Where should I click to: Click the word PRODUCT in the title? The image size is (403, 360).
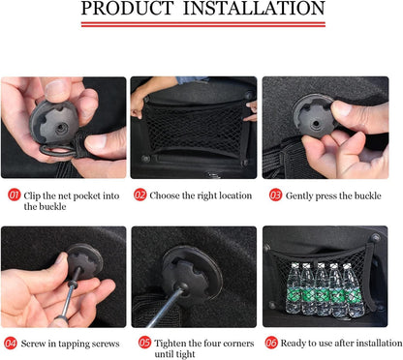pyautogui.click(x=127, y=9)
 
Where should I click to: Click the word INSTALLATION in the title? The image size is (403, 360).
pyautogui.click(x=254, y=9)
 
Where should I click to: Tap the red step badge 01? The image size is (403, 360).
pyautogui.click(x=15, y=195)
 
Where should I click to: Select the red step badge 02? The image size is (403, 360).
pyautogui.click(x=140, y=195)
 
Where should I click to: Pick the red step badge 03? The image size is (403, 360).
pyautogui.click(x=276, y=195)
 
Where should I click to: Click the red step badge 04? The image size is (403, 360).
pyautogui.click(x=11, y=343)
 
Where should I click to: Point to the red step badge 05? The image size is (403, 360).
pyautogui.click(x=144, y=343)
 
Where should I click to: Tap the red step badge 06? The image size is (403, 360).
pyautogui.click(x=271, y=343)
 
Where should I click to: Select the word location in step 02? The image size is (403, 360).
pyautogui.click(x=235, y=195)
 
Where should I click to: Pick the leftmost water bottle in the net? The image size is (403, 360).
pyautogui.click(x=294, y=288)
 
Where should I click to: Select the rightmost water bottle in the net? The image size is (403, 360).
pyautogui.click(x=353, y=289)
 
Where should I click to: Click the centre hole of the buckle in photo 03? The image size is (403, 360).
pyautogui.click(x=315, y=123)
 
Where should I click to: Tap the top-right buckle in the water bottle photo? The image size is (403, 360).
pyautogui.click(x=375, y=238)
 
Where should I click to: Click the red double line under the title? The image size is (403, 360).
pyautogui.click(x=203, y=24)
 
